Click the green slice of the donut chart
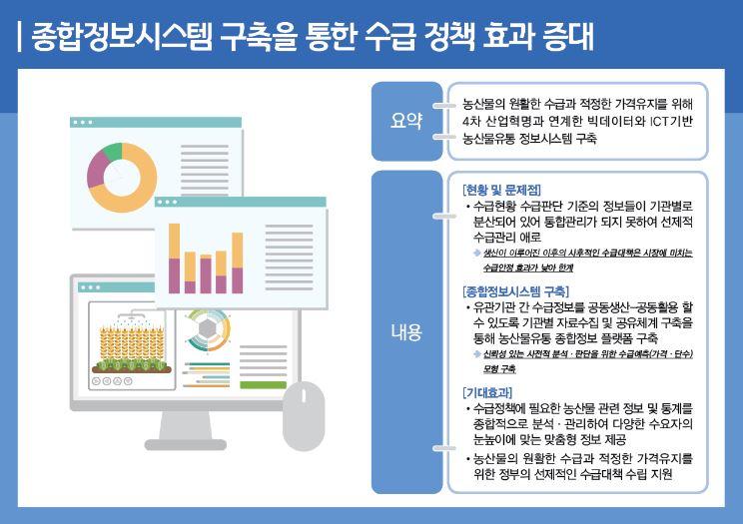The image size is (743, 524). click(x=110, y=152)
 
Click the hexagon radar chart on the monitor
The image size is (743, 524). click(x=210, y=329)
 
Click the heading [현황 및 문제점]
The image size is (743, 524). click(x=502, y=189)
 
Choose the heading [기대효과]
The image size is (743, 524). click(x=488, y=392)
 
